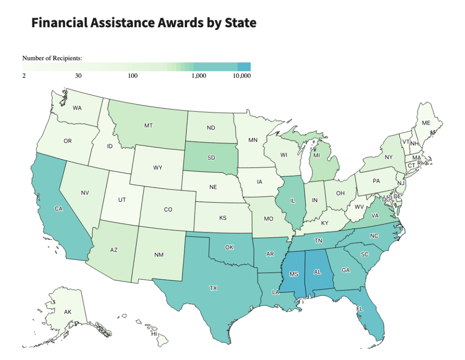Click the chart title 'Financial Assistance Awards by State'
(x=143, y=23)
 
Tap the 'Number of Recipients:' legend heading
(x=52, y=58)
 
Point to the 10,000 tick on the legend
(x=242, y=76)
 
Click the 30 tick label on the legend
(x=78, y=76)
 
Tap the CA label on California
(x=58, y=209)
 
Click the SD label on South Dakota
(x=211, y=158)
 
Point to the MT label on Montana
(x=148, y=125)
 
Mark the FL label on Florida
(x=360, y=309)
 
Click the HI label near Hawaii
(x=154, y=334)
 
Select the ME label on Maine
(x=425, y=123)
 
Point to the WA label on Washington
(x=77, y=108)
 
